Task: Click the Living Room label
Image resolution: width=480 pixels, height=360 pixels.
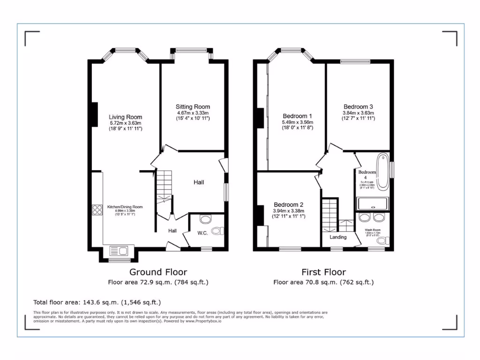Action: [125, 117]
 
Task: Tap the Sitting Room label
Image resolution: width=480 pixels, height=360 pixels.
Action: [193, 107]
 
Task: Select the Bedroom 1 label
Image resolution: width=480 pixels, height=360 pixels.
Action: [297, 116]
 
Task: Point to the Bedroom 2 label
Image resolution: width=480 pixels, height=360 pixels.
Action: [288, 205]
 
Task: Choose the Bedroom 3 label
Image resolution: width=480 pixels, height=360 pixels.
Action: [358, 106]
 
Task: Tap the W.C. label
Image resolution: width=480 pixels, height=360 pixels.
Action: [202, 232]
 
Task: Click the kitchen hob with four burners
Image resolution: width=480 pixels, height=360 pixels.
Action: [97, 210]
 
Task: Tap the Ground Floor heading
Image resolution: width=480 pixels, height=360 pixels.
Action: [158, 272]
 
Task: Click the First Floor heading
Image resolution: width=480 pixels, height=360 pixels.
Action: [323, 272]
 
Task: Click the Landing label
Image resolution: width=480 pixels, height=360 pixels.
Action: [337, 237]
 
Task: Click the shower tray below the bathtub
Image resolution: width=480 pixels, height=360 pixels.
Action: [373, 204]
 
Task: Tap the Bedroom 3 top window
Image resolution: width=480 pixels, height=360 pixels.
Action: [354, 61]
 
